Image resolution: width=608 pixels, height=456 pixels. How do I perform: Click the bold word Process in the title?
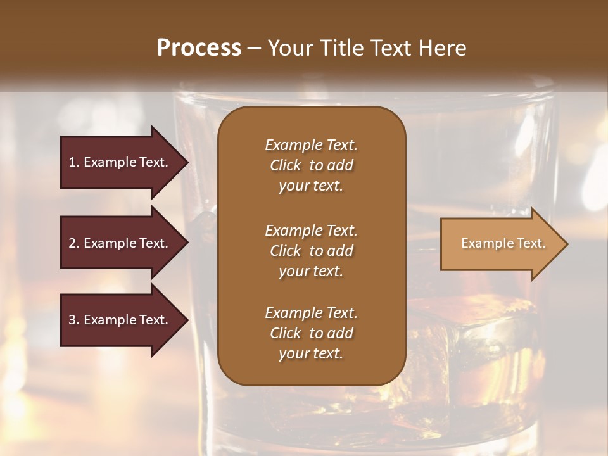point(199,48)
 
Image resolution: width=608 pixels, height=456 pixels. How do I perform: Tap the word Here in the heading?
point(442,48)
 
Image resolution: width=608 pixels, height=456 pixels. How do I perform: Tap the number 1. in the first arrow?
point(74,162)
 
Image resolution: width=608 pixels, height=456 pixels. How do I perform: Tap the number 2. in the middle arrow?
point(74,243)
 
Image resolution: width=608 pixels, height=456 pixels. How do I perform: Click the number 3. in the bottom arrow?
point(74,320)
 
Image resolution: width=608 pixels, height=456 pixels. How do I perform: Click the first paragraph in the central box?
point(311,165)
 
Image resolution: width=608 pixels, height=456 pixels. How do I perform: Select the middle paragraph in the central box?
point(311,251)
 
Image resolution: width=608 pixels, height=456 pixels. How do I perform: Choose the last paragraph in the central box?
point(311,333)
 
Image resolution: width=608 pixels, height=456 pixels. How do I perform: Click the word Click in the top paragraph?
point(285,165)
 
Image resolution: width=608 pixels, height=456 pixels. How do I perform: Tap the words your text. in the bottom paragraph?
point(311,354)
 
